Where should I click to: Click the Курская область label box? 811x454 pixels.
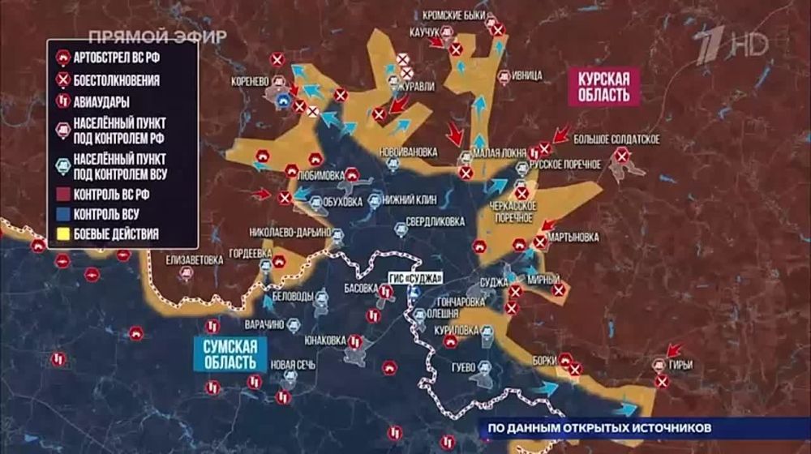coord(604,86)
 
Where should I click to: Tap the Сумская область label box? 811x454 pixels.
coord(230,353)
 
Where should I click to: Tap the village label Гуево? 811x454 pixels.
coord(461,366)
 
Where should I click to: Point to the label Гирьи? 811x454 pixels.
coord(681,365)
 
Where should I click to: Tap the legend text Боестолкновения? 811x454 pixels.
coord(116,80)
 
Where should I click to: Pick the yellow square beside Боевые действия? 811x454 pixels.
coord(62,235)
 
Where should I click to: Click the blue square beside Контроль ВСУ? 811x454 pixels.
coord(62,216)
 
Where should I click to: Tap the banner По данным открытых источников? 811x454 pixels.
coord(600,427)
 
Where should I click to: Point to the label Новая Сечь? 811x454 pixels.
coord(293,364)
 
